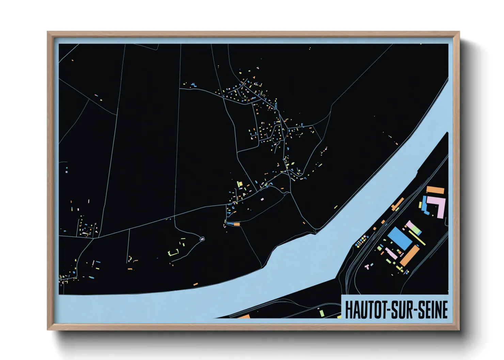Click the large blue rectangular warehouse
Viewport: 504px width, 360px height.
[x=400, y=238]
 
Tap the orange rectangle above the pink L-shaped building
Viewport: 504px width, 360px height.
[x=436, y=190]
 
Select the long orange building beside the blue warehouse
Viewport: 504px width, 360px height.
[x=410, y=256]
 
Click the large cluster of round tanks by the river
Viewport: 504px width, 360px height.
[x=361, y=241]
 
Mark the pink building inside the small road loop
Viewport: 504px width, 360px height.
[x=202, y=239]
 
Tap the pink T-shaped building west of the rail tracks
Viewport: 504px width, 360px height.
[x=367, y=266]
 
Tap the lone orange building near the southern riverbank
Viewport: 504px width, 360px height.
[x=195, y=284]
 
